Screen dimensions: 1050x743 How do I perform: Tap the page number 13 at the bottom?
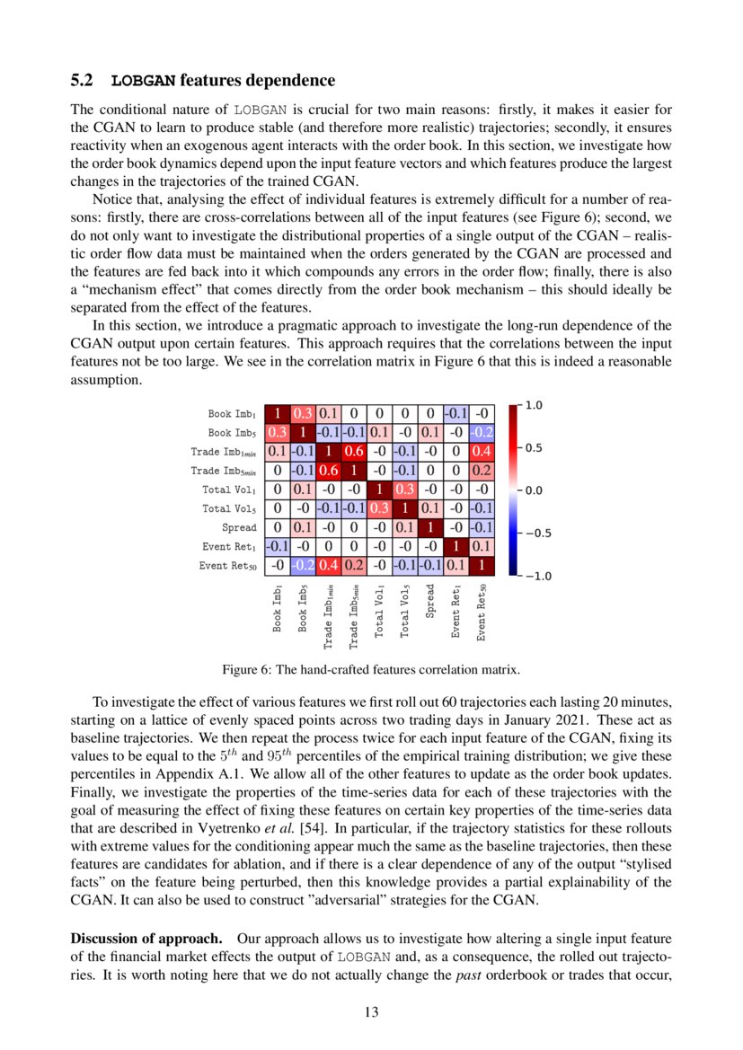click(371, 1012)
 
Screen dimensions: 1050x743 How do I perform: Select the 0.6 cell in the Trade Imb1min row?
click(354, 451)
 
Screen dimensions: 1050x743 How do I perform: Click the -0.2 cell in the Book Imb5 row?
click(482, 432)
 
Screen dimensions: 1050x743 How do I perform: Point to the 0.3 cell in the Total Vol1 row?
click(405, 490)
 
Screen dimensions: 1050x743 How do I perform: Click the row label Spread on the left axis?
click(239, 527)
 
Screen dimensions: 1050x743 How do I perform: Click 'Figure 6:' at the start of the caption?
click(246, 670)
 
